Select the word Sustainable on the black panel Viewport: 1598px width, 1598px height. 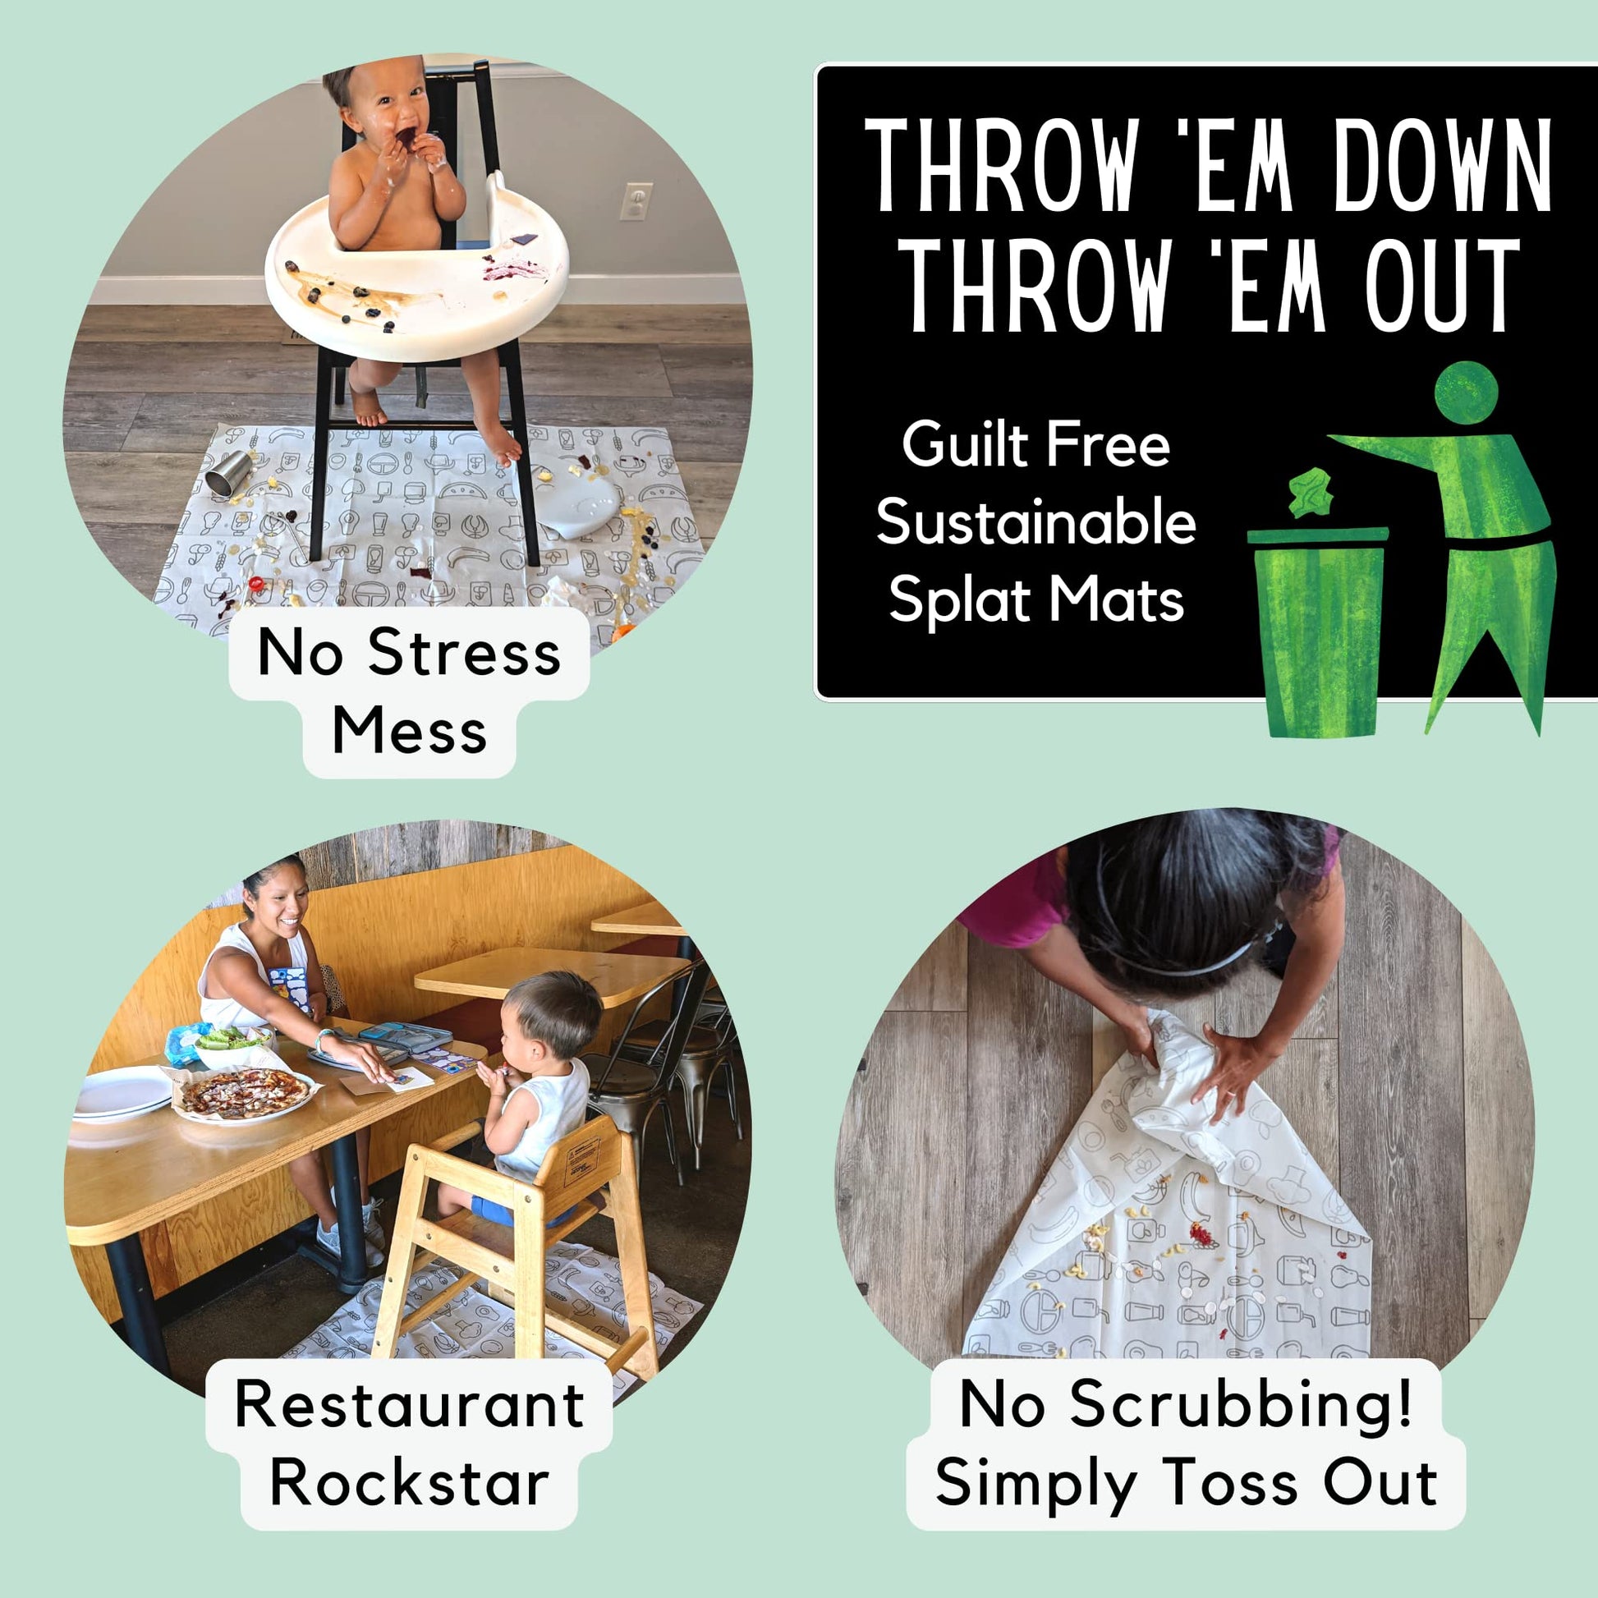(1035, 523)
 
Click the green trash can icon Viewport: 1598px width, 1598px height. (1318, 631)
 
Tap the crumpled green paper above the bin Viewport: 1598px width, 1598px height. (1310, 492)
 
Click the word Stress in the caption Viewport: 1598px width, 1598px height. (465, 653)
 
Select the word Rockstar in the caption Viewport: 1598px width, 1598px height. (410, 1482)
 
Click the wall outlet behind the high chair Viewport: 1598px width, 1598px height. (636, 201)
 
